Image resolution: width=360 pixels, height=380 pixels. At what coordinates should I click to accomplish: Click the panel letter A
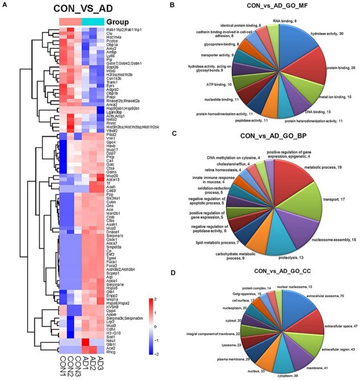5,5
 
